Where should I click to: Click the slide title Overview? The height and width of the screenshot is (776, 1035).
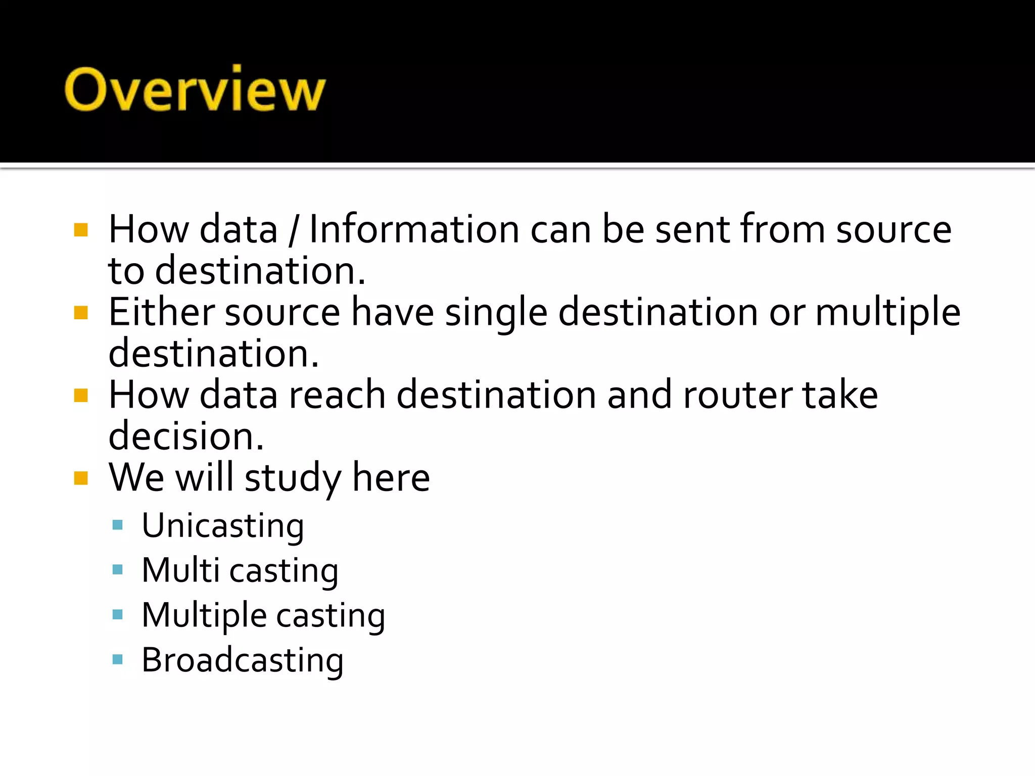pos(195,89)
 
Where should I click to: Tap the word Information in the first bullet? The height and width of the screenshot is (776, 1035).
pos(414,229)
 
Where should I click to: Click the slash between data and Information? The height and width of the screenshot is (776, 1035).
pos(293,230)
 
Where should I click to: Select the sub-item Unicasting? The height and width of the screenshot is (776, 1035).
pos(223,526)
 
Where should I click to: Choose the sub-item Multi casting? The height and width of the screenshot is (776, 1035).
pos(240,571)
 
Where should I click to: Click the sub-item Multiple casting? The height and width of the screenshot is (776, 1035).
pos(263,616)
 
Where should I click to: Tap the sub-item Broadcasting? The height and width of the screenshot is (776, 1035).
pos(243,660)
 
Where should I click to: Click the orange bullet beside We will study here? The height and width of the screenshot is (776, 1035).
pos(81,478)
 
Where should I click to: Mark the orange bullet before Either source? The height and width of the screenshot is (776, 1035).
pos(81,313)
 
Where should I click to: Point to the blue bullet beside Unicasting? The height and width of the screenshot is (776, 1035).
pos(118,525)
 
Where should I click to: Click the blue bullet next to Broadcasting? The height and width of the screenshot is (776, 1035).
pos(118,659)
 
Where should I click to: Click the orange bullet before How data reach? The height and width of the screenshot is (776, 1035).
pos(81,395)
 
